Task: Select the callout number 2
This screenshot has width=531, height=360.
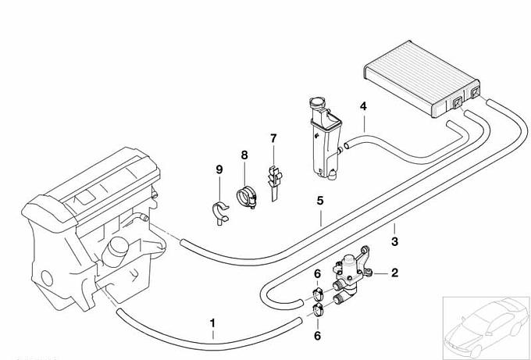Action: [395, 273]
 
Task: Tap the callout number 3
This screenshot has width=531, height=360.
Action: [395, 241]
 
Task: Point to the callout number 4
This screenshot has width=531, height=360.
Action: [363, 106]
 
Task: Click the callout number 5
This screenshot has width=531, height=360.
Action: [320, 201]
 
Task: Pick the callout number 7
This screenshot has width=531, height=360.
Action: [273, 138]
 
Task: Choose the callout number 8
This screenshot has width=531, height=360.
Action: [244, 155]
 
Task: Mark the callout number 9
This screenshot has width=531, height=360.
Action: [219, 169]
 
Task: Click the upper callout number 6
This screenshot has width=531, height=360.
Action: [317, 273]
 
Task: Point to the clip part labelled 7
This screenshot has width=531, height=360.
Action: [273, 181]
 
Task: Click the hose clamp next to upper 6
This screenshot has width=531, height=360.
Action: [318, 296]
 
